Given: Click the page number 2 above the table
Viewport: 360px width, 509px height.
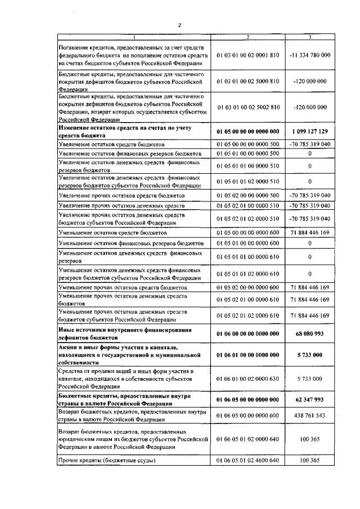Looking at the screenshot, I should pyautogui.click(x=178, y=25).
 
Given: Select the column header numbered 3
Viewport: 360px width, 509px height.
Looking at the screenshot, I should pyautogui.click(x=310, y=37).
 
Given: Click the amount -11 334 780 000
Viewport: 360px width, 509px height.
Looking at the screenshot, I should pyautogui.click(x=310, y=55).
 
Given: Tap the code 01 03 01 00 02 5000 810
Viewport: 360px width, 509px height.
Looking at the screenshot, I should pyautogui.click(x=247, y=81).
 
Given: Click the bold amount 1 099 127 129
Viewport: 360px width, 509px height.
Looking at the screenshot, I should pyautogui.click(x=310, y=131).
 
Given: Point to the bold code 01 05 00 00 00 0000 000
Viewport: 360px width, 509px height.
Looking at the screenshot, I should pyautogui.click(x=247, y=131).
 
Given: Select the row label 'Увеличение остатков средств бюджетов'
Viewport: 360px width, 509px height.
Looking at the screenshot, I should pyautogui.click(x=106, y=144).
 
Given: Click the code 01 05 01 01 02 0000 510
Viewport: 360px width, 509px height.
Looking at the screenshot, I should pyautogui.click(x=247, y=181).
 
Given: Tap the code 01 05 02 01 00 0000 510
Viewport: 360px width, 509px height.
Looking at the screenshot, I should pyautogui.click(x=247, y=206).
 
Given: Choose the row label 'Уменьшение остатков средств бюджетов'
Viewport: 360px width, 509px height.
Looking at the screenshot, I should pyautogui.click(x=106, y=232).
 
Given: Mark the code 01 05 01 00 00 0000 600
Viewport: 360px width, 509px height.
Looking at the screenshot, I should pyautogui.click(x=247, y=243).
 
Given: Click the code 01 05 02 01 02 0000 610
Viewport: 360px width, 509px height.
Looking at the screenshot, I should pyautogui.click(x=247, y=316).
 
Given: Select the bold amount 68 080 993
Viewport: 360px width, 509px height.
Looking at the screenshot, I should pyautogui.click(x=310, y=334).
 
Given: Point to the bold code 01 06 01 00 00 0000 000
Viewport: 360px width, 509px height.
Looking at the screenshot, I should pyautogui.click(x=247, y=355).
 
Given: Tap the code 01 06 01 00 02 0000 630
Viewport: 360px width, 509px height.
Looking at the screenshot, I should pyautogui.click(x=247, y=379).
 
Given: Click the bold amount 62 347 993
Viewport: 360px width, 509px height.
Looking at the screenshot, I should pyautogui.click(x=310, y=400).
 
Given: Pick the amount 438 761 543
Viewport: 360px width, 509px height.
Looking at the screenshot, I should pyautogui.click(x=310, y=415).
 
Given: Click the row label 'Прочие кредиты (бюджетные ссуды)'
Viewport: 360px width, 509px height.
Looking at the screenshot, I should pyautogui.click(x=107, y=461).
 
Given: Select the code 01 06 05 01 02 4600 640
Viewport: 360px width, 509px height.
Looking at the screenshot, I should pyautogui.click(x=247, y=461).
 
